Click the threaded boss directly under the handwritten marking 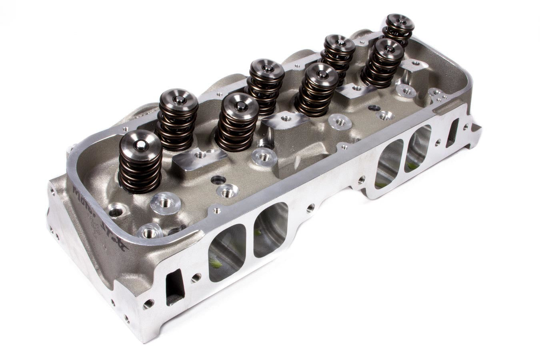point(149,232)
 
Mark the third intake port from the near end point(388,164)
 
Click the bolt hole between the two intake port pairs point(310,208)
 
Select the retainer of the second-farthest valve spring point(388,49)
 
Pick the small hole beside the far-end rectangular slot point(466,127)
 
